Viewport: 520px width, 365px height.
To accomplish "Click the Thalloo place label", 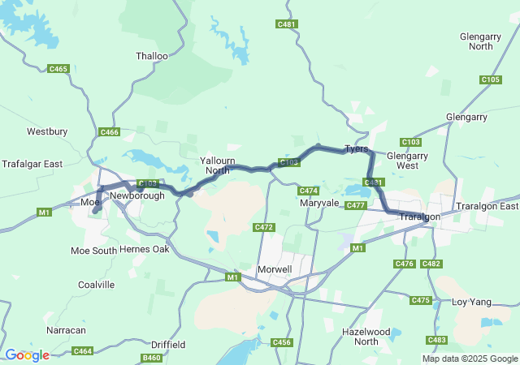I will (152, 57).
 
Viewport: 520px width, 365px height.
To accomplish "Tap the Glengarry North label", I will (475, 41).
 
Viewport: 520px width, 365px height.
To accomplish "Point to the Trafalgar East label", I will (32, 164).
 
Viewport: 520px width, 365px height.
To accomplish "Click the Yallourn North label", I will (215, 165).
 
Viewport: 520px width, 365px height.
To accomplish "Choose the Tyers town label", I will (356, 149).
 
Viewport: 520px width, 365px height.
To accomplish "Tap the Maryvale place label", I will (318, 203).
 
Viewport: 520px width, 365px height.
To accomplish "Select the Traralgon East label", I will (487, 207).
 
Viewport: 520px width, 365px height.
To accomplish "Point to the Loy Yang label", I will (471, 302).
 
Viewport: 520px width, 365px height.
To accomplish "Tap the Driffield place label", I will (168, 345).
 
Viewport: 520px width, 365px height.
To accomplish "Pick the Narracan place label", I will (66, 331).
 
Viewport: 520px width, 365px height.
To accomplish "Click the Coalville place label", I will (97, 285).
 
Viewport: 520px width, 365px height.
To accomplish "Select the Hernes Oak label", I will (144, 250).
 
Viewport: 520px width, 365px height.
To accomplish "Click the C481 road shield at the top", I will (287, 24).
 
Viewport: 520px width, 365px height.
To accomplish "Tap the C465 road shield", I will (58, 70).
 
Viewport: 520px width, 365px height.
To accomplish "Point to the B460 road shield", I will (152, 358).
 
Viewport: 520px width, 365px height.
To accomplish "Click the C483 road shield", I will (436, 340).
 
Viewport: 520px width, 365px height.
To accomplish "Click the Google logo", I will (27, 355).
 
